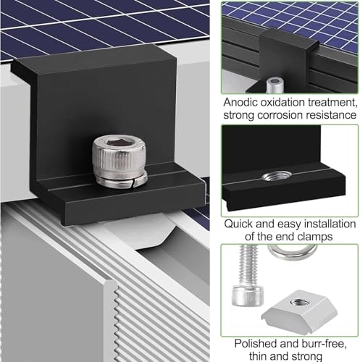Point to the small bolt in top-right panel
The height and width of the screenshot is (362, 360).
coord(275,84)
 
